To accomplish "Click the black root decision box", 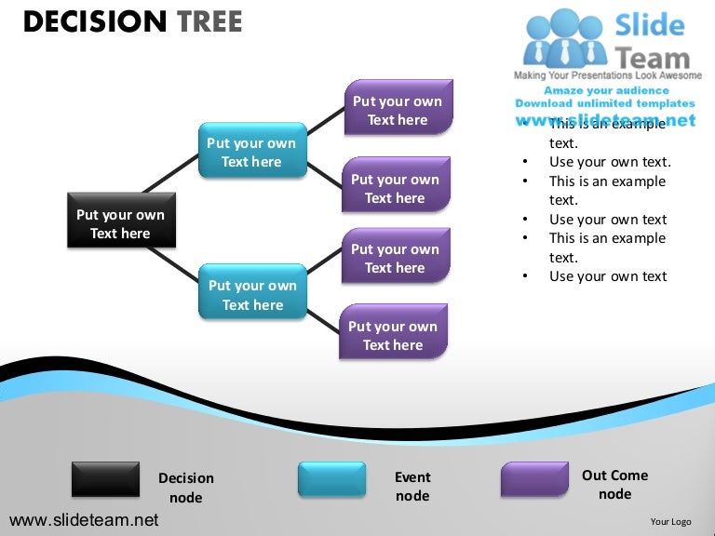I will coord(120,221).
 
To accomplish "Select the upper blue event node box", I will coord(251,151).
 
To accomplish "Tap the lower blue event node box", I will coord(252,293).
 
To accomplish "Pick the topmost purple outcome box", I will coord(398,108).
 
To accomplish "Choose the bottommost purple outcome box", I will coord(393,333).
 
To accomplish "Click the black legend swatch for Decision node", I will coord(105,478).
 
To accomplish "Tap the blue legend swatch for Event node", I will coord(331,478).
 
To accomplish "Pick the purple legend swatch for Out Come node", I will coord(534,478).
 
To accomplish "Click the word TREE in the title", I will coord(204,21).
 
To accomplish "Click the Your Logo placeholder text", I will coord(670,522).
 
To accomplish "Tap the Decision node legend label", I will coord(186,488).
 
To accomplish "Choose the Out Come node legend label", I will coord(614,484).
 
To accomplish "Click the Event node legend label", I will coord(412,486).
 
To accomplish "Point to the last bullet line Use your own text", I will coord(608,276).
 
